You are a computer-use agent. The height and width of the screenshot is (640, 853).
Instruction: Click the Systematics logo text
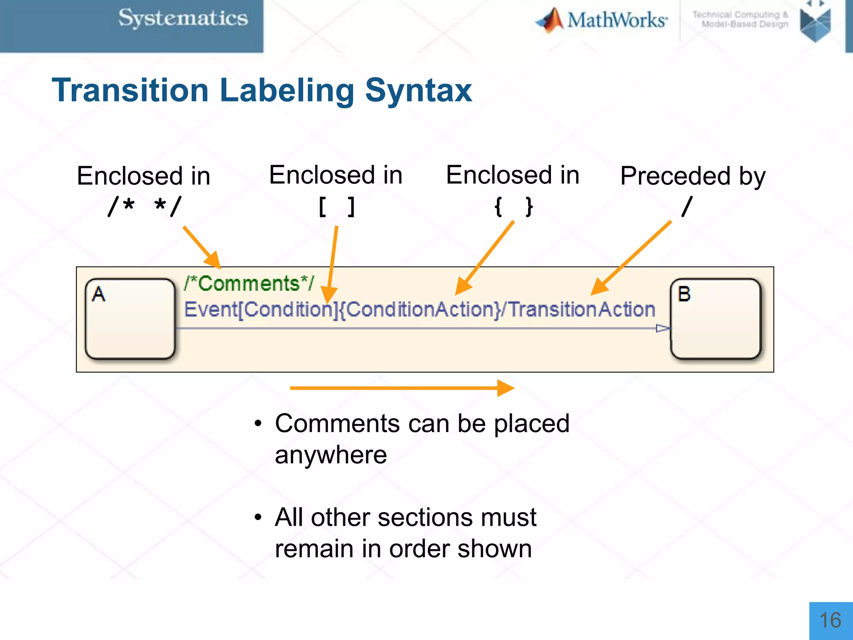pos(183,18)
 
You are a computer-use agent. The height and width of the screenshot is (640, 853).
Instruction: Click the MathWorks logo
pos(602,20)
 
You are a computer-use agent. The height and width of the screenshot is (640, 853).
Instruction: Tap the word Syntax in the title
pos(418,90)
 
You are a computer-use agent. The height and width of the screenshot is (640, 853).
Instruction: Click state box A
pos(130,319)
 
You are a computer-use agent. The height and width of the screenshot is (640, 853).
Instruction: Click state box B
pos(716,319)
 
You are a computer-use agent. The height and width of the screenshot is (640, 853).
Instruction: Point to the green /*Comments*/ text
pos(249,284)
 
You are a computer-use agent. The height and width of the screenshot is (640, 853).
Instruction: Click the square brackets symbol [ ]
pos(337,207)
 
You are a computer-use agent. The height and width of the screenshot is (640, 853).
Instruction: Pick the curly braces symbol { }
pos(513,207)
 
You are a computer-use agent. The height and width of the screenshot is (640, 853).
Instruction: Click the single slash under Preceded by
pos(687,207)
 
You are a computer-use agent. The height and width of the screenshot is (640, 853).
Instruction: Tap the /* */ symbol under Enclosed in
pos(145,207)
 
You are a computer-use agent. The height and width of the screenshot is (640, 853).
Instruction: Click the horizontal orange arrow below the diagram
pos(402,388)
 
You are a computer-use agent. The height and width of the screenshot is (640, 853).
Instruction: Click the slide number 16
pos(830,620)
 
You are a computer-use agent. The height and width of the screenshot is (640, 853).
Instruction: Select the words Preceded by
pos(693,176)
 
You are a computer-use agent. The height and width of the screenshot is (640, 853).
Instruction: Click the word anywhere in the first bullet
pos(331,455)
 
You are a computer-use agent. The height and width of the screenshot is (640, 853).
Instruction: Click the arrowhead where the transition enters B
pos(662,328)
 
